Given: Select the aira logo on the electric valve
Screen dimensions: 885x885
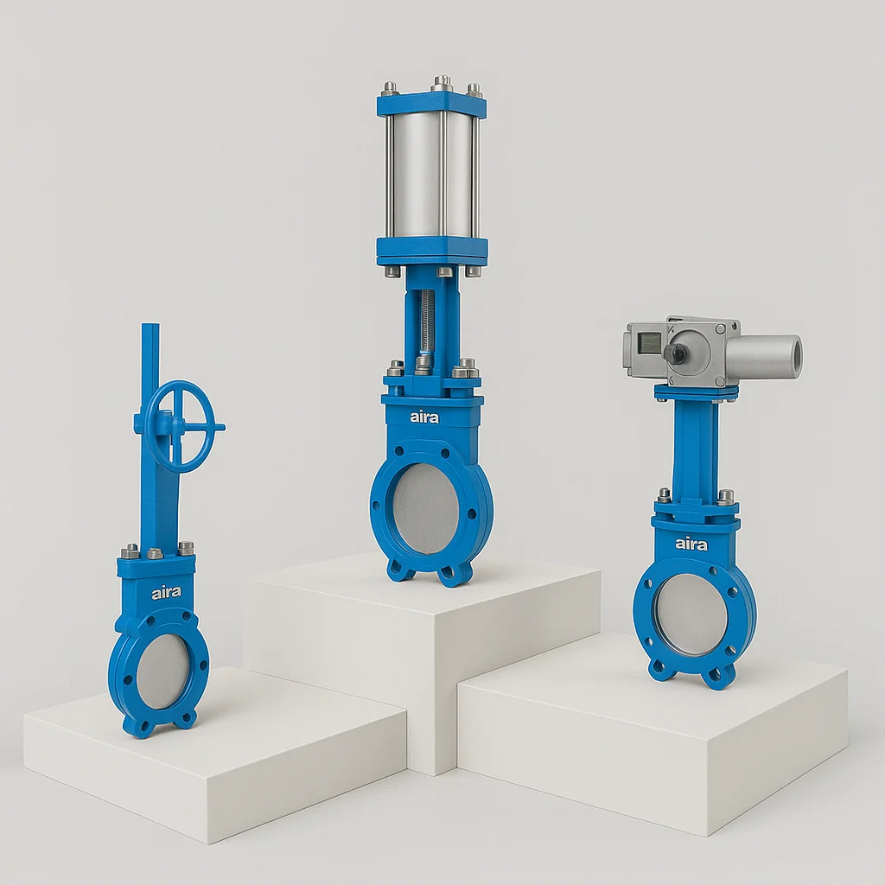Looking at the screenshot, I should (691, 544).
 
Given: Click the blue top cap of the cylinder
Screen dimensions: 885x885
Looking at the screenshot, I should (431, 105).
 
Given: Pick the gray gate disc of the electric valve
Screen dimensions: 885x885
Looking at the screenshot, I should (691, 614).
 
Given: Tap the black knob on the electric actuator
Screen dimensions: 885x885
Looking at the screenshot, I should (676, 353).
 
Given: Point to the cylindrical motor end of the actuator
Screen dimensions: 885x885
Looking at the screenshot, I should (765, 356).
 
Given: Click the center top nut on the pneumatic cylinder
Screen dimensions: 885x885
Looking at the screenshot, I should (442, 82).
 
